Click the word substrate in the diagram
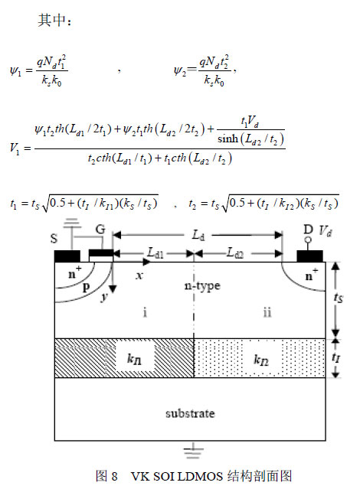pos(190,413)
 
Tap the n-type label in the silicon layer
pos(202,285)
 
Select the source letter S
pos(54,239)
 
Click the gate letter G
pos(100,230)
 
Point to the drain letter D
pos(308,230)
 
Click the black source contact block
pos(67,256)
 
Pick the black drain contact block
pos(309,256)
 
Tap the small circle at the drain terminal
pos(308,240)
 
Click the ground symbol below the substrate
pos(193,451)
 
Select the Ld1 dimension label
pos(155,253)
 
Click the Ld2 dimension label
pos(235,253)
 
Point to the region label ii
pos(267,312)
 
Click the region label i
pos(145,312)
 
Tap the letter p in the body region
pos(87,287)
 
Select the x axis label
pos(139,275)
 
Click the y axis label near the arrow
pos(104,297)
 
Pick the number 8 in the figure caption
pos(114,477)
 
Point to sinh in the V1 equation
pos(227,139)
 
